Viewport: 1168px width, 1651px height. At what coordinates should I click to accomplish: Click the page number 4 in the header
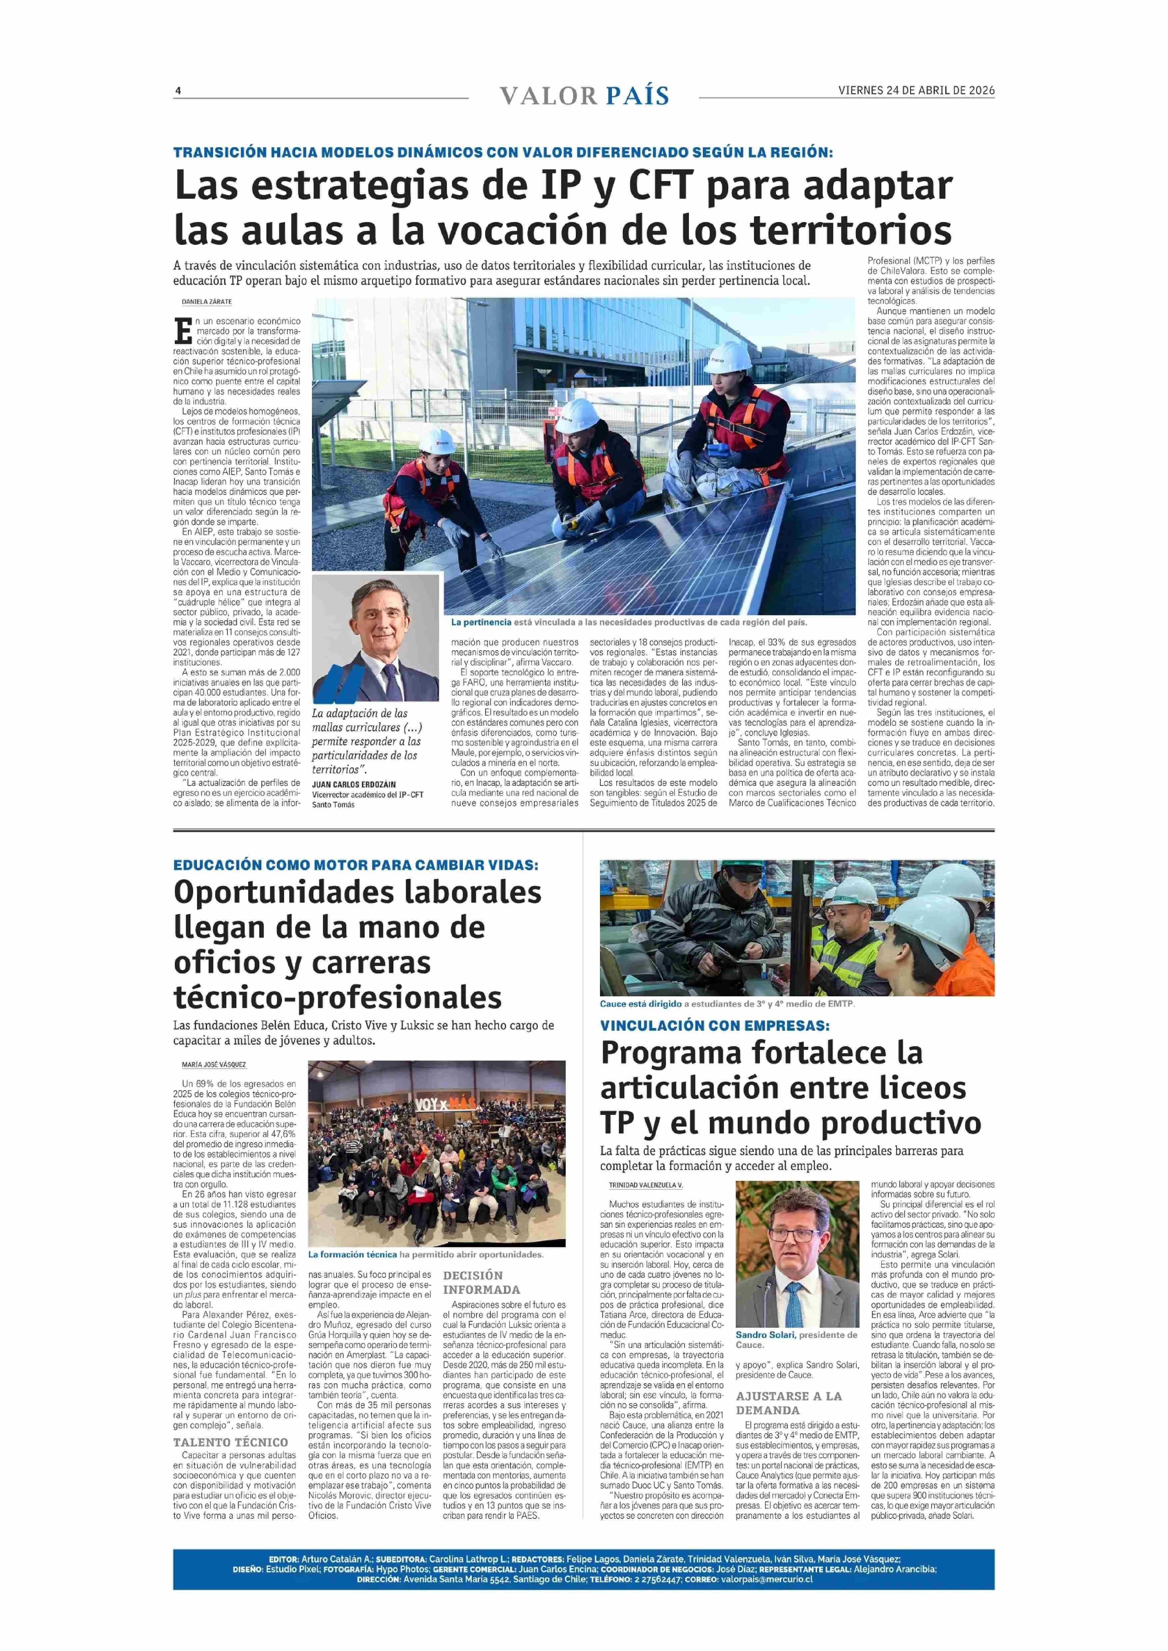pos(178,91)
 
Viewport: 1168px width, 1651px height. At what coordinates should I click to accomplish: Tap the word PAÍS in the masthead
pos(637,96)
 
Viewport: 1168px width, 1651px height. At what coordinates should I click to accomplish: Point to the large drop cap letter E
pos(183,331)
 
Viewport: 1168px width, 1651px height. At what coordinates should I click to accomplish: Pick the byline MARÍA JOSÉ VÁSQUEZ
pos(214,1064)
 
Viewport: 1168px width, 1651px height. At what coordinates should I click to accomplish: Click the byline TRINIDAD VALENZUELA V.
pos(645,1185)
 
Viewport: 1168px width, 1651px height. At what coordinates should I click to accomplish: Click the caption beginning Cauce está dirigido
pos(727,1004)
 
